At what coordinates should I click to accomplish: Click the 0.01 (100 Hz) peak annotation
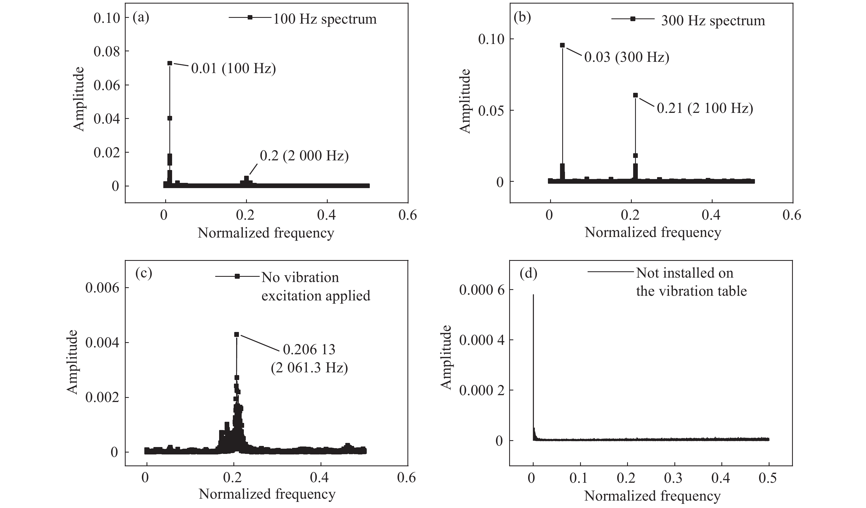(x=233, y=69)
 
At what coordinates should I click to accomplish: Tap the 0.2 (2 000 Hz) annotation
(x=304, y=156)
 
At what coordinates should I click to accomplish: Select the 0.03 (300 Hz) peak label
(x=627, y=57)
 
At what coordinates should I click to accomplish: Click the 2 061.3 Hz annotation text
(x=309, y=368)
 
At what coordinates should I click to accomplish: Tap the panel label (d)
(x=528, y=273)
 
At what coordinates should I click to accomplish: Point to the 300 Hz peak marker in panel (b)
(x=562, y=45)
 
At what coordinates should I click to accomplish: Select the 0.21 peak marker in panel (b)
(x=635, y=95)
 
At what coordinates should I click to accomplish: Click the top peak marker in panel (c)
(x=236, y=334)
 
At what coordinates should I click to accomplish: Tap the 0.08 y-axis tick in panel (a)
(x=107, y=52)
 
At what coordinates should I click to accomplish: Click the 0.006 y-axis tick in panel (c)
(x=102, y=288)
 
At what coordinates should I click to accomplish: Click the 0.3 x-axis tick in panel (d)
(x=674, y=478)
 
